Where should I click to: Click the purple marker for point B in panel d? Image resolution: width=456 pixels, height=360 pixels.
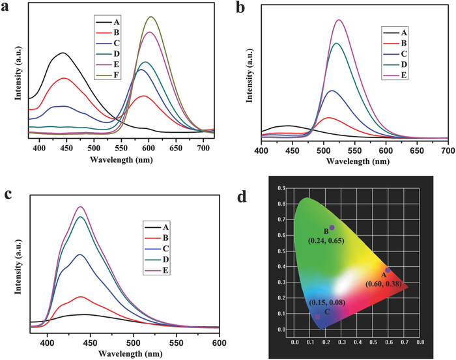coord(332,227)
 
